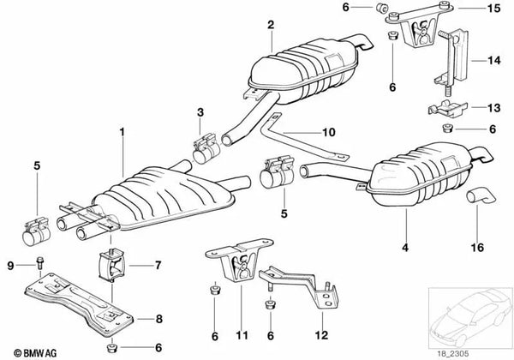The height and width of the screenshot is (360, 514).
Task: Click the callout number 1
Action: click(122, 133)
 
